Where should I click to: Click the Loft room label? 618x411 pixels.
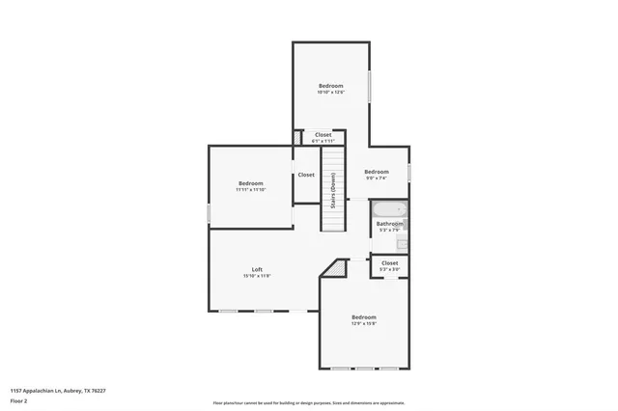(x=257, y=269)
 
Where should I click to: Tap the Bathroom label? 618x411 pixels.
(x=389, y=224)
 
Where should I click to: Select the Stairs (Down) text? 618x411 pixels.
(x=333, y=189)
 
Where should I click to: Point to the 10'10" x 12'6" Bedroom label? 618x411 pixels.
(x=331, y=86)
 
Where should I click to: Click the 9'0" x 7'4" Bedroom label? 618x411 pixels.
(x=376, y=172)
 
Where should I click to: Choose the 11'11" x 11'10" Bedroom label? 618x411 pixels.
(x=251, y=183)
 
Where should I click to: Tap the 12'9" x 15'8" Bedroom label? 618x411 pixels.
(x=364, y=317)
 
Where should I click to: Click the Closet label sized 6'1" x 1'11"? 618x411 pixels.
(x=323, y=135)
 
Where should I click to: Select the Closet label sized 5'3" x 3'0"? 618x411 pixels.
(x=389, y=262)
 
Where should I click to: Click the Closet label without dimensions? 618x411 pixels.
(x=306, y=175)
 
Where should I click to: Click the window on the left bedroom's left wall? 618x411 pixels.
(x=209, y=212)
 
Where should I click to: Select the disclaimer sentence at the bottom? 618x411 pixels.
(x=309, y=403)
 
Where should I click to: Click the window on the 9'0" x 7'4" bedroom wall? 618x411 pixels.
(x=409, y=172)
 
